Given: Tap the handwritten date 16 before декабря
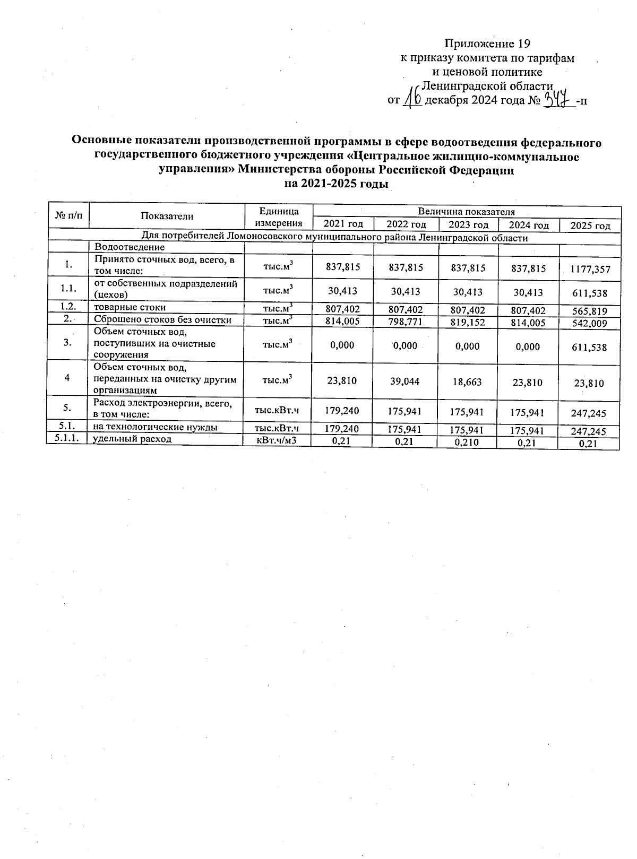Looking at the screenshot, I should click(x=412, y=98).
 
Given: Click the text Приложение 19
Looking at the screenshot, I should click(x=487, y=44).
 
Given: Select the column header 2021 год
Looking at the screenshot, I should click(x=343, y=224).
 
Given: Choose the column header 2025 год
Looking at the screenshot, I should click(x=590, y=226).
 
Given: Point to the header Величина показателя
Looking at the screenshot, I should click(x=466, y=212).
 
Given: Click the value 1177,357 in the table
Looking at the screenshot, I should click(x=590, y=270).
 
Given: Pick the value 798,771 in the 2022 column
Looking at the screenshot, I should click(x=406, y=322).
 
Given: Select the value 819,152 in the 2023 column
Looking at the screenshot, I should click(x=467, y=322).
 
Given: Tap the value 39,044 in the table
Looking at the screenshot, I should click(x=406, y=381).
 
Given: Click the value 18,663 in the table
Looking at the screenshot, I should click(x=467, y=381).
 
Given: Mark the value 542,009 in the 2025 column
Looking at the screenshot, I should click(x=589, y=324).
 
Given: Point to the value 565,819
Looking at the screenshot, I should click(x=589, y=311).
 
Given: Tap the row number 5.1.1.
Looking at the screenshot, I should click(x=67, y=438).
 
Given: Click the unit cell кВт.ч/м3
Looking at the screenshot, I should click(x=276, y=440).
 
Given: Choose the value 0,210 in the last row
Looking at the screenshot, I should click(x=467, y=442).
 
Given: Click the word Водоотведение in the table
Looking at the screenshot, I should click(x=130, y=247).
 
